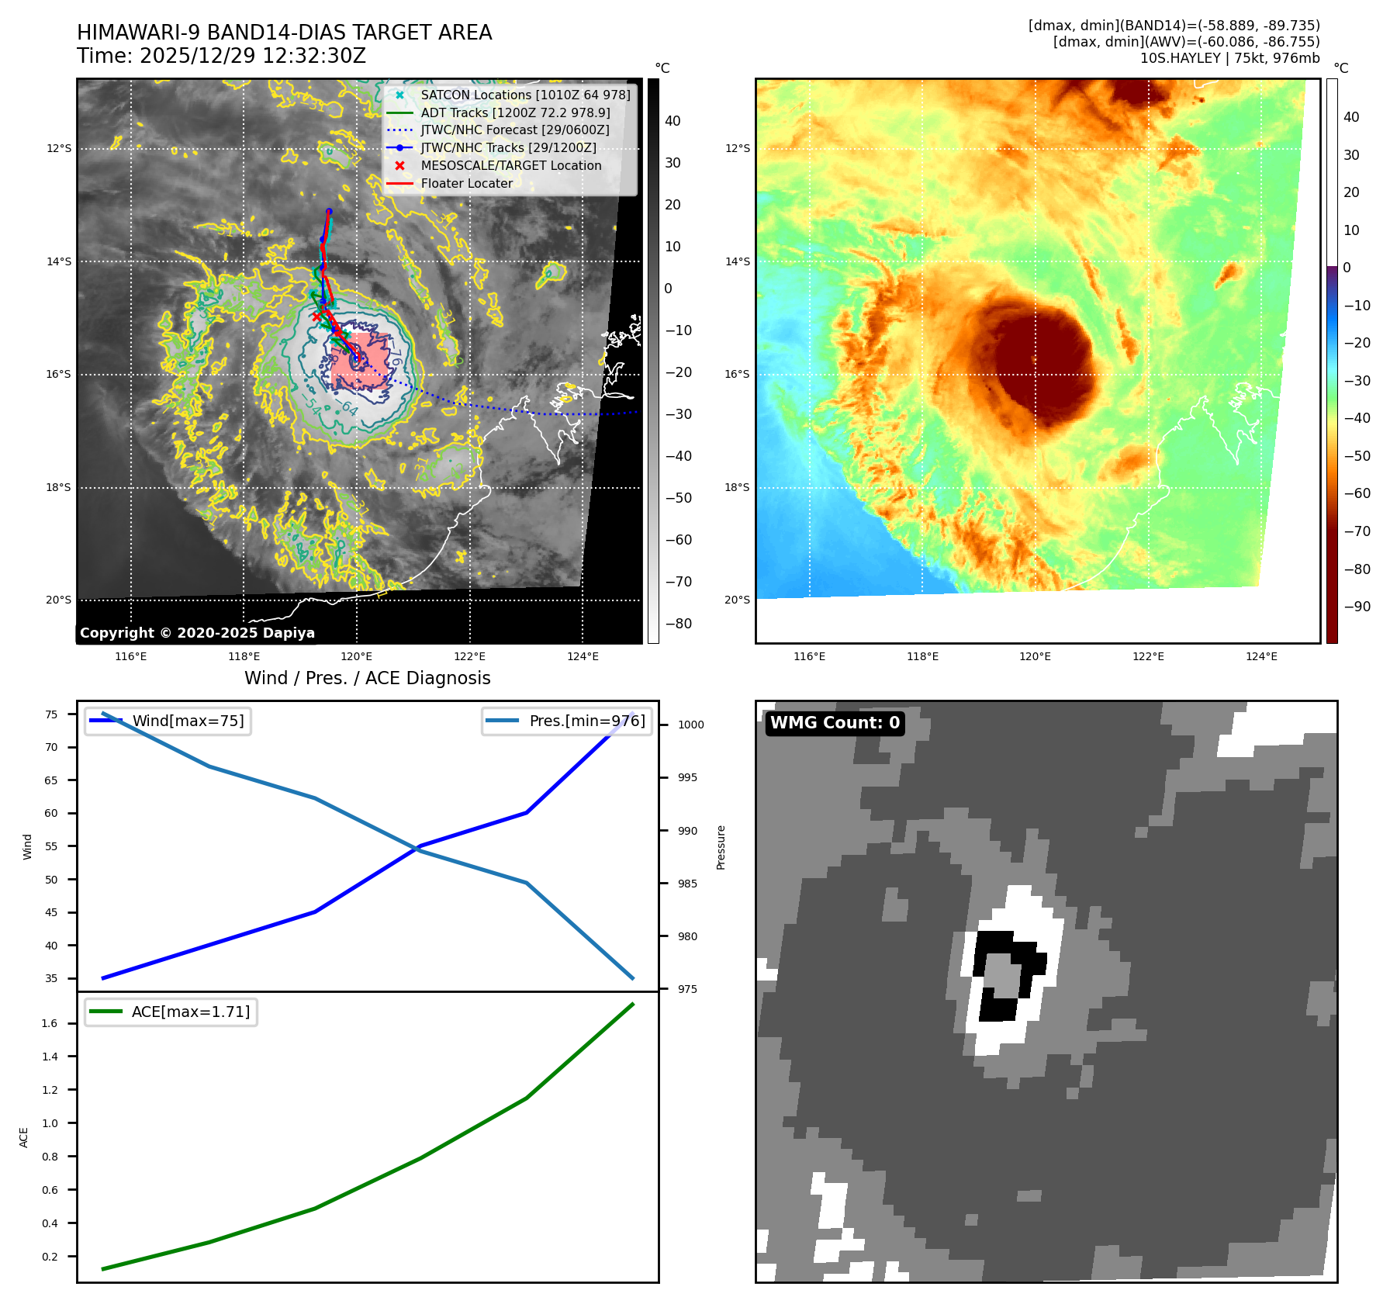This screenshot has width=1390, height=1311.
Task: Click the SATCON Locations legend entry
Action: [525, 95]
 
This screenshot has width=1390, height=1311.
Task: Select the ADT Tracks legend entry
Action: [515, 112]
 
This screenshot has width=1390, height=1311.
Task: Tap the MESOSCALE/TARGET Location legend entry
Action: [510, 165]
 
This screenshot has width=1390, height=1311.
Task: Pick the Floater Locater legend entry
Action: [466, 183]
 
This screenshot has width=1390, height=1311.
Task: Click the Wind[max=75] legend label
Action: [188, 721]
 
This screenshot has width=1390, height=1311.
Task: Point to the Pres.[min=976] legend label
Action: [586, 721]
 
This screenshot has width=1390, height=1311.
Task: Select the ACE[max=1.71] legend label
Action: [191, 1012]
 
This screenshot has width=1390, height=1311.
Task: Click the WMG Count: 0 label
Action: [835, 723]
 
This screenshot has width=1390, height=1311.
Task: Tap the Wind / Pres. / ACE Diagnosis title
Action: [367, 678]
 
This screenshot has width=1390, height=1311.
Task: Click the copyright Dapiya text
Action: [197, 633]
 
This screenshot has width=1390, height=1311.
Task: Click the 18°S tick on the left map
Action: [58, 487]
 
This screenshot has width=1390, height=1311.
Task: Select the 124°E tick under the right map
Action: [1261, 656]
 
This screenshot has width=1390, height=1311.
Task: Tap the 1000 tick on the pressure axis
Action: [690, 725]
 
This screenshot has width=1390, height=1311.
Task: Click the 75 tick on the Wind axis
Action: [51, 714]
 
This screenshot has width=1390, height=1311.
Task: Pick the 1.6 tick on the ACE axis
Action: [50, 1023]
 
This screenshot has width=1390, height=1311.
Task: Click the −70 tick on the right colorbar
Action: [1357, 531]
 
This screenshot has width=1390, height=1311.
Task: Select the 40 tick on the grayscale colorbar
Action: [673, 121]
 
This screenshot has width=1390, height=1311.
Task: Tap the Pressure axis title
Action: [721, 847]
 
